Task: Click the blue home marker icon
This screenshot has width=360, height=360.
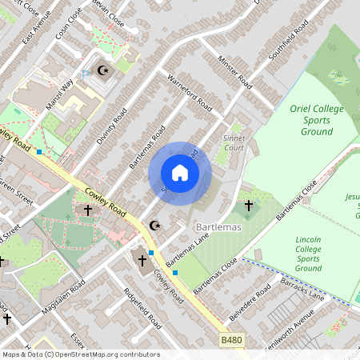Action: click(x=180, y=173)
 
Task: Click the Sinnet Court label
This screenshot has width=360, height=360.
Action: click(x=234, y=143)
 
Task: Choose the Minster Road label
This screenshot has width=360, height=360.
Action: click(x=238, y=73)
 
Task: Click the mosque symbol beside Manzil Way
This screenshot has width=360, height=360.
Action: click(x=102, y=70)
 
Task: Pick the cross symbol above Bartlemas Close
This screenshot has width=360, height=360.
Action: click(x=248, y=206)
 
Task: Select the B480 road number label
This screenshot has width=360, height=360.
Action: click(x=232, y=341)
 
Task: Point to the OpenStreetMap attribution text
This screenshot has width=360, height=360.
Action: click(x=80, y=354)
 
